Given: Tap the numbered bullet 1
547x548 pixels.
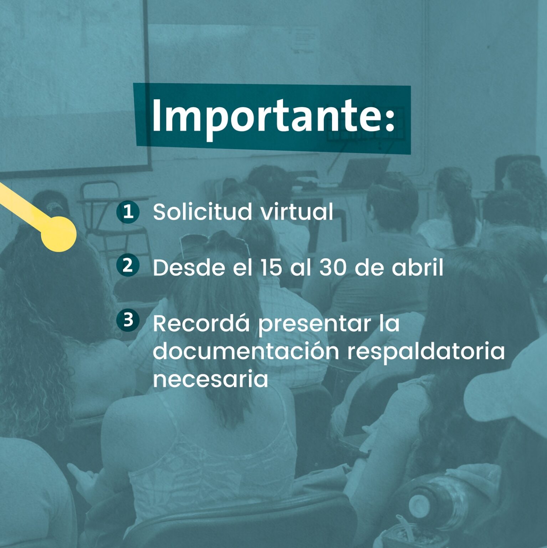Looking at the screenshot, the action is pos(128,212).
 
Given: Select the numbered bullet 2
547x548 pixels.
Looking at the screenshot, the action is pos(128,266).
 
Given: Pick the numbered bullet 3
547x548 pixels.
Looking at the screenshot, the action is pos(128,320).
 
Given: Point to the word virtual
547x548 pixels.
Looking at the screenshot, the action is pos(297,212).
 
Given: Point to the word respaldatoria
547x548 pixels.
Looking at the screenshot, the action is pos(426,352).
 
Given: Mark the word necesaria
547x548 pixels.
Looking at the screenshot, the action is pos(210,379).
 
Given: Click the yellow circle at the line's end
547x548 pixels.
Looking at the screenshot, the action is pos(58,234).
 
